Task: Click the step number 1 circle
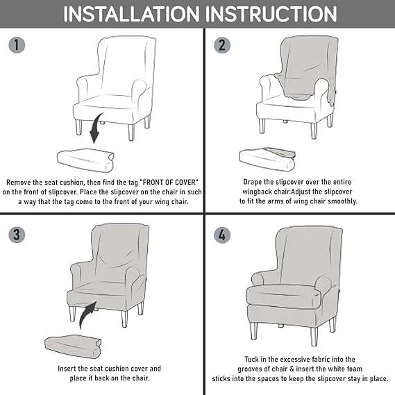click(17, 45)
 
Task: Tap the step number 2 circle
click(222, 45)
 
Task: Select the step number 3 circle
click(17, 235)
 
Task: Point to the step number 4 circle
click(222, 235)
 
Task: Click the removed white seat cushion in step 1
click(85, 160)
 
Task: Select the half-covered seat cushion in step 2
click(267, 158)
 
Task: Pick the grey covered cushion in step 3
click(73, 346)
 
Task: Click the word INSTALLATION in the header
click(131, 14)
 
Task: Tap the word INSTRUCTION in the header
click(271, 14)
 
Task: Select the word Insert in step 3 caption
click(67, 369)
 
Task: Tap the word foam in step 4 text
click(354, 369)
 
